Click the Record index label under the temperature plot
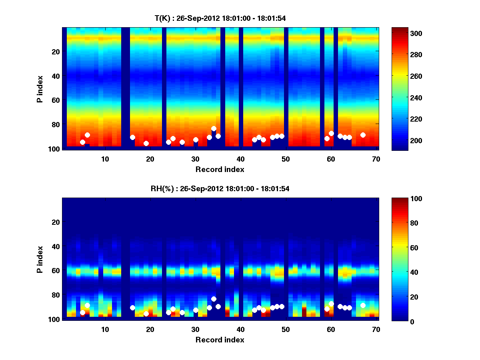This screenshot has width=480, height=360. pyautogui.click(x=220, y=169)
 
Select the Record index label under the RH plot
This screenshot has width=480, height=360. pyautogui.click(x=220, y=340)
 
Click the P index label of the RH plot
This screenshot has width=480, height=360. pyautogui.click(x=40, y=259)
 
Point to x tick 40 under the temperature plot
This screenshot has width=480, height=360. pyautogui.click(x=240, y=158)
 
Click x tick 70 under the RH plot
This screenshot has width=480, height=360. pyautogui.click(x=376, y=329)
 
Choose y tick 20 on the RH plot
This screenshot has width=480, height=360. pyautogui.click(x=56, y=222)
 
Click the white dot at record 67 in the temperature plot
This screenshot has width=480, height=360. pyautogui.click(x=363, y=135)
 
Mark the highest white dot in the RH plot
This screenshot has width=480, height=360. pyautogui.click(x=214, y=299)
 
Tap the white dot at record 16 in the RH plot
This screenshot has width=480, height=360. pyautogui.click(x=132, y=308)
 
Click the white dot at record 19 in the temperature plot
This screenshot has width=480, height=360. pyautogui.click(x=146, y=143)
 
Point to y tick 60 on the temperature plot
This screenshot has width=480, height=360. pyautogui.click(x=56, y=100)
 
